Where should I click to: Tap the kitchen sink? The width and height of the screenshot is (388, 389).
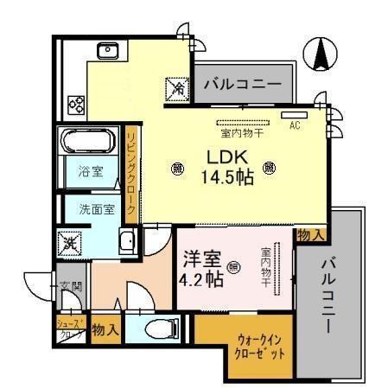tap(110, 50)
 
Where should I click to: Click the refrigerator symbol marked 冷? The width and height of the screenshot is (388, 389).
tap(177, 86)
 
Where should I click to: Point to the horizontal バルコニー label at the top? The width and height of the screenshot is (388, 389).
tap(242, 85)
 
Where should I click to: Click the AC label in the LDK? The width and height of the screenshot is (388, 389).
tap(294, 125)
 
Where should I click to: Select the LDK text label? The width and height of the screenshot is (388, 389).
tap(226, 158)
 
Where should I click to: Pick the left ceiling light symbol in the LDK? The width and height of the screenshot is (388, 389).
tap(177, 168)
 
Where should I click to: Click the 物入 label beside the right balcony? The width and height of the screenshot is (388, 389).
tap(311, 234)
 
